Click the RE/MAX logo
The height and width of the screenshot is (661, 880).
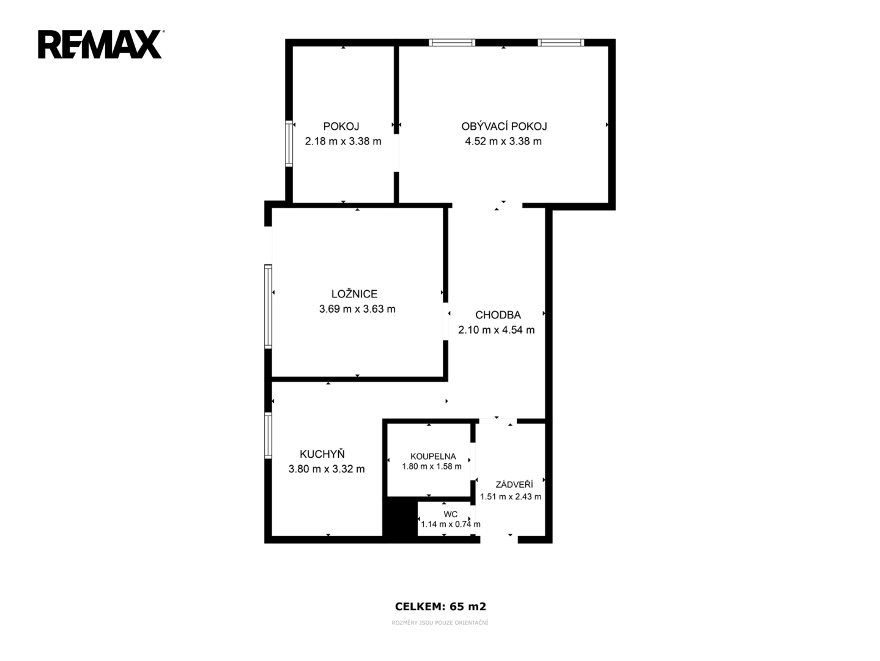pyautogui.click(x=100, y=45)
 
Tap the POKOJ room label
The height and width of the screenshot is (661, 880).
pyautogui.click(x=341, y=126)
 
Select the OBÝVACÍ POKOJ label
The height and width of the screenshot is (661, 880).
pyautogui.click(x=504, y=126)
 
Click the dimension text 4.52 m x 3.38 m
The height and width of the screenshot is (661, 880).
pyautogui.click(x=503, y=141)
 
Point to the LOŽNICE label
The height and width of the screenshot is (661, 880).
pyautogui.click(x=355, y=294)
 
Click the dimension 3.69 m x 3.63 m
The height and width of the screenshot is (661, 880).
pyautogui.click(x=357, y=309)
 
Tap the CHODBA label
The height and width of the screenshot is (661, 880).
pyautogui.click(x=498, y=315)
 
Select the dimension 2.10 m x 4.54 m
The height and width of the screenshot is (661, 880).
pyautogui.click(x=497, y=330)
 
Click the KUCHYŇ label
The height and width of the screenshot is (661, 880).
pyautogui.click(x=322, y=454)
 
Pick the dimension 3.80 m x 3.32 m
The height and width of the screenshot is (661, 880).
pyautogui.click(x=327, y=469)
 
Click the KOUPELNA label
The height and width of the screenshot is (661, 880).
pyautogui.click(x=433, y=457)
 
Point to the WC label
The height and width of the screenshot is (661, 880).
pyautogui.click(x=451, y=514)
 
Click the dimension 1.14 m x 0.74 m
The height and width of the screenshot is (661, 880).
pyautogui.click(x=451, y=525)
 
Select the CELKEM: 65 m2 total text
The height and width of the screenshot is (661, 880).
pyautogui.click(x=440, y=607)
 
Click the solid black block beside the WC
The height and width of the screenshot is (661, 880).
pyautogui.click(x=400, y=517)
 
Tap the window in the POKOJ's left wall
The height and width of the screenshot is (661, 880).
pyautogui.click(x=289, y=144)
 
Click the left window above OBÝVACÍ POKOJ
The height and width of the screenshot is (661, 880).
pyautogui.click(x=452, y=42)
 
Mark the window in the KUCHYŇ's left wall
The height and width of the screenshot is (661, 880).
pyautogui.click(x=268, y=435)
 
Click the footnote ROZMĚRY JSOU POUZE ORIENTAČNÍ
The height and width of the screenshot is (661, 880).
pyautogui.click(x=440, y=623)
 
